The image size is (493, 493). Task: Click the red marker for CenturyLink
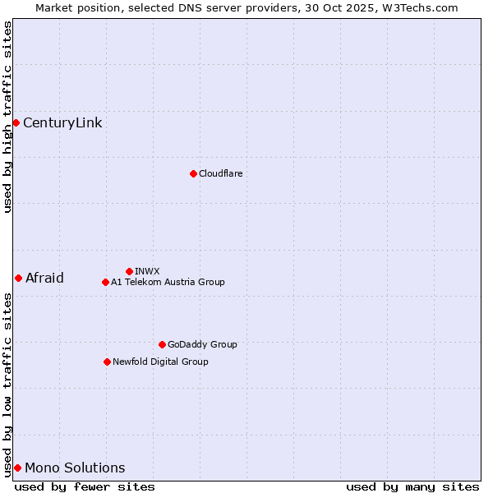(x=16, y=122)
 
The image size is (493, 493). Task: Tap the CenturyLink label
(x=62, y=123)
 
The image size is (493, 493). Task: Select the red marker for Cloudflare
(x=193, y=173)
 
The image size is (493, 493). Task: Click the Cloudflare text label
(x=220, y=173)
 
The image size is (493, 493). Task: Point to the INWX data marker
(x=129, y=271)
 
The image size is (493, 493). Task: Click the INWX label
(x=147, y=271)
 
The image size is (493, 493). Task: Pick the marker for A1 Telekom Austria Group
(x=105, y=282)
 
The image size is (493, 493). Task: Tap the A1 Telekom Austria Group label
(x=168, y=282)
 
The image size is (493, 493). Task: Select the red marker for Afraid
(x=18, y=278)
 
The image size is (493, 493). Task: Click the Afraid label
(x=44, y=278)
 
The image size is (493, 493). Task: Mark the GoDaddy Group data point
(x=162, y=344)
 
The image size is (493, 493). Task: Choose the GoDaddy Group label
(x=202, y=344)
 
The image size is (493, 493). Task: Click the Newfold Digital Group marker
(x=107, y=362)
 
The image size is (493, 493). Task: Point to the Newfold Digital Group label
(x=160, y=362)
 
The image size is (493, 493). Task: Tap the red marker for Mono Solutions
(x=17, y=468)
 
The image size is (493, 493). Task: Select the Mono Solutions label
(x=75, y=468)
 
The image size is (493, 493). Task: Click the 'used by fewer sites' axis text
(x=85, y=486)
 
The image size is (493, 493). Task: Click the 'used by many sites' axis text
(x=412, y=486)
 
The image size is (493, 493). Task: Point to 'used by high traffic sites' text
(x=7, y=117)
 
